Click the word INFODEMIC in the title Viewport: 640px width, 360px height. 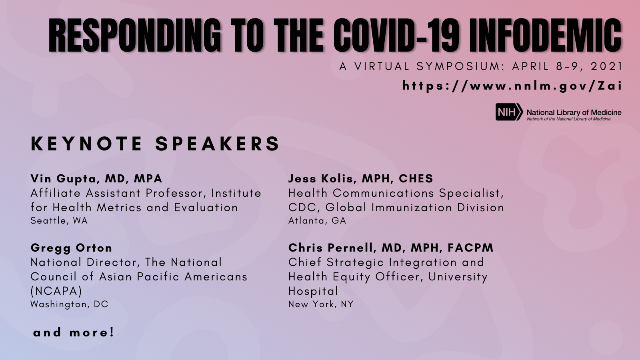[545, 36]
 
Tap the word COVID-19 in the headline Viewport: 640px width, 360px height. [397, 36]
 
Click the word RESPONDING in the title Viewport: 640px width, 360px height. [135, 36]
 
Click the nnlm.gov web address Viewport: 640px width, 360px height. [512, 86]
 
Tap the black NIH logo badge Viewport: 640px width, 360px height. [508, 112]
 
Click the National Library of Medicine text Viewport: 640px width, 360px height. [574, 113]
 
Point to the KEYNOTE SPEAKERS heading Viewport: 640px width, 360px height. [155, 144]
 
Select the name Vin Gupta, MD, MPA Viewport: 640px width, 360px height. [96, 178]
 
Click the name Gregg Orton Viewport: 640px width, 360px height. [71, 248]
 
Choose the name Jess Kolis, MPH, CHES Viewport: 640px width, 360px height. [360, 178]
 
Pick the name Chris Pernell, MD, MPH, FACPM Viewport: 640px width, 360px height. [391, 248]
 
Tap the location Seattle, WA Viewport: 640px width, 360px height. [59, 221]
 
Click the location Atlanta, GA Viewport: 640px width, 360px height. [317, 221]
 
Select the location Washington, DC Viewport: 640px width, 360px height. [69, 304]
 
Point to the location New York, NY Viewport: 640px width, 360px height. [321, 304]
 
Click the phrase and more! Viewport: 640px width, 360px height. [74, 332]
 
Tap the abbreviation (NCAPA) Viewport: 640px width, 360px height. [56, 291]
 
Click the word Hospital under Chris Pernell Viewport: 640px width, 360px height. [313, 291]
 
